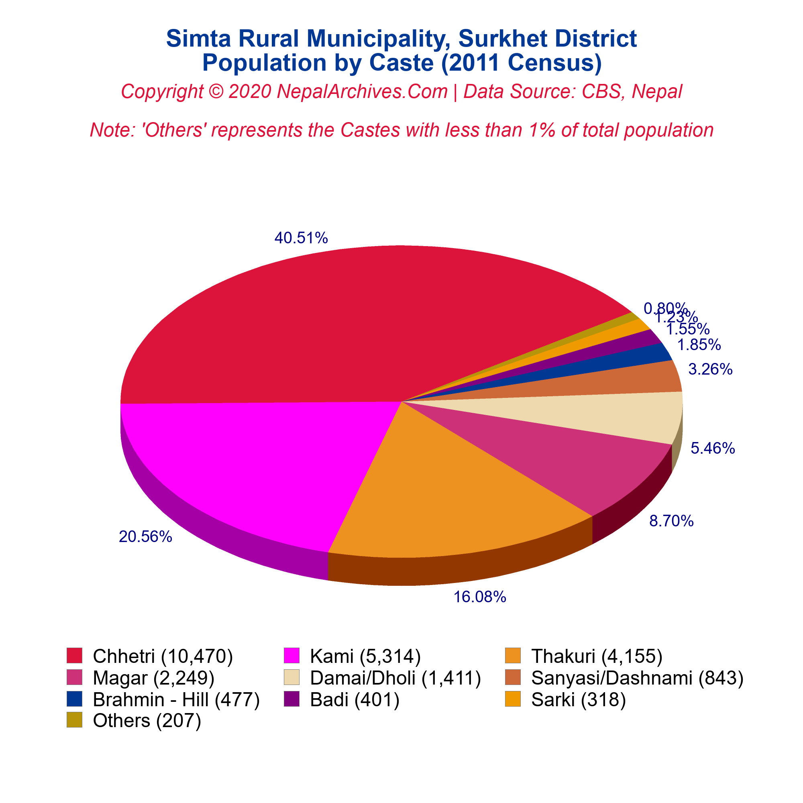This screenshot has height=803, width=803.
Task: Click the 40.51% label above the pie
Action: [301, 238]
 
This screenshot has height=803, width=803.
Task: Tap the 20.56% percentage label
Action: [145, 537]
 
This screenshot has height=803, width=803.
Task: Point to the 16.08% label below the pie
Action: [480, 597]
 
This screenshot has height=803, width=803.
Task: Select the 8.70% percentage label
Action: [671, 521]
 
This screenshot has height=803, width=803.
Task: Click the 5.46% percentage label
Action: [713, 448]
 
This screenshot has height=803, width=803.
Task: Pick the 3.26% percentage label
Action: [710, 369]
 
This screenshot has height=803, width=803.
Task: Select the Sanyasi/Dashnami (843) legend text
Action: [637, 678]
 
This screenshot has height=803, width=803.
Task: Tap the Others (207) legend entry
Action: [147, 720]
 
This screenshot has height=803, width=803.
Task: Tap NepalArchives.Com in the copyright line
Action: [362, 92]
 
